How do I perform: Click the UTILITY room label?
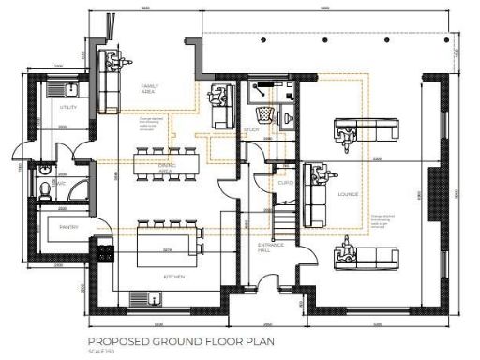tap(67, 108)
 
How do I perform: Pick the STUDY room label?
tap(251, 129)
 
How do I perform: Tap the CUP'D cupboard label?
tap(286, 184)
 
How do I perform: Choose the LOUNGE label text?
tap(348, 194)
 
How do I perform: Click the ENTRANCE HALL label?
tap(271, 248)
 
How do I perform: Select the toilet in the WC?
tap(47, 189)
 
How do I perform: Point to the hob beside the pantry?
tap(102, 250)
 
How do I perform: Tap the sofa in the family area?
tap(105, 90)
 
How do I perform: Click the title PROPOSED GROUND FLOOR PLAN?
tap(181, 342)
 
